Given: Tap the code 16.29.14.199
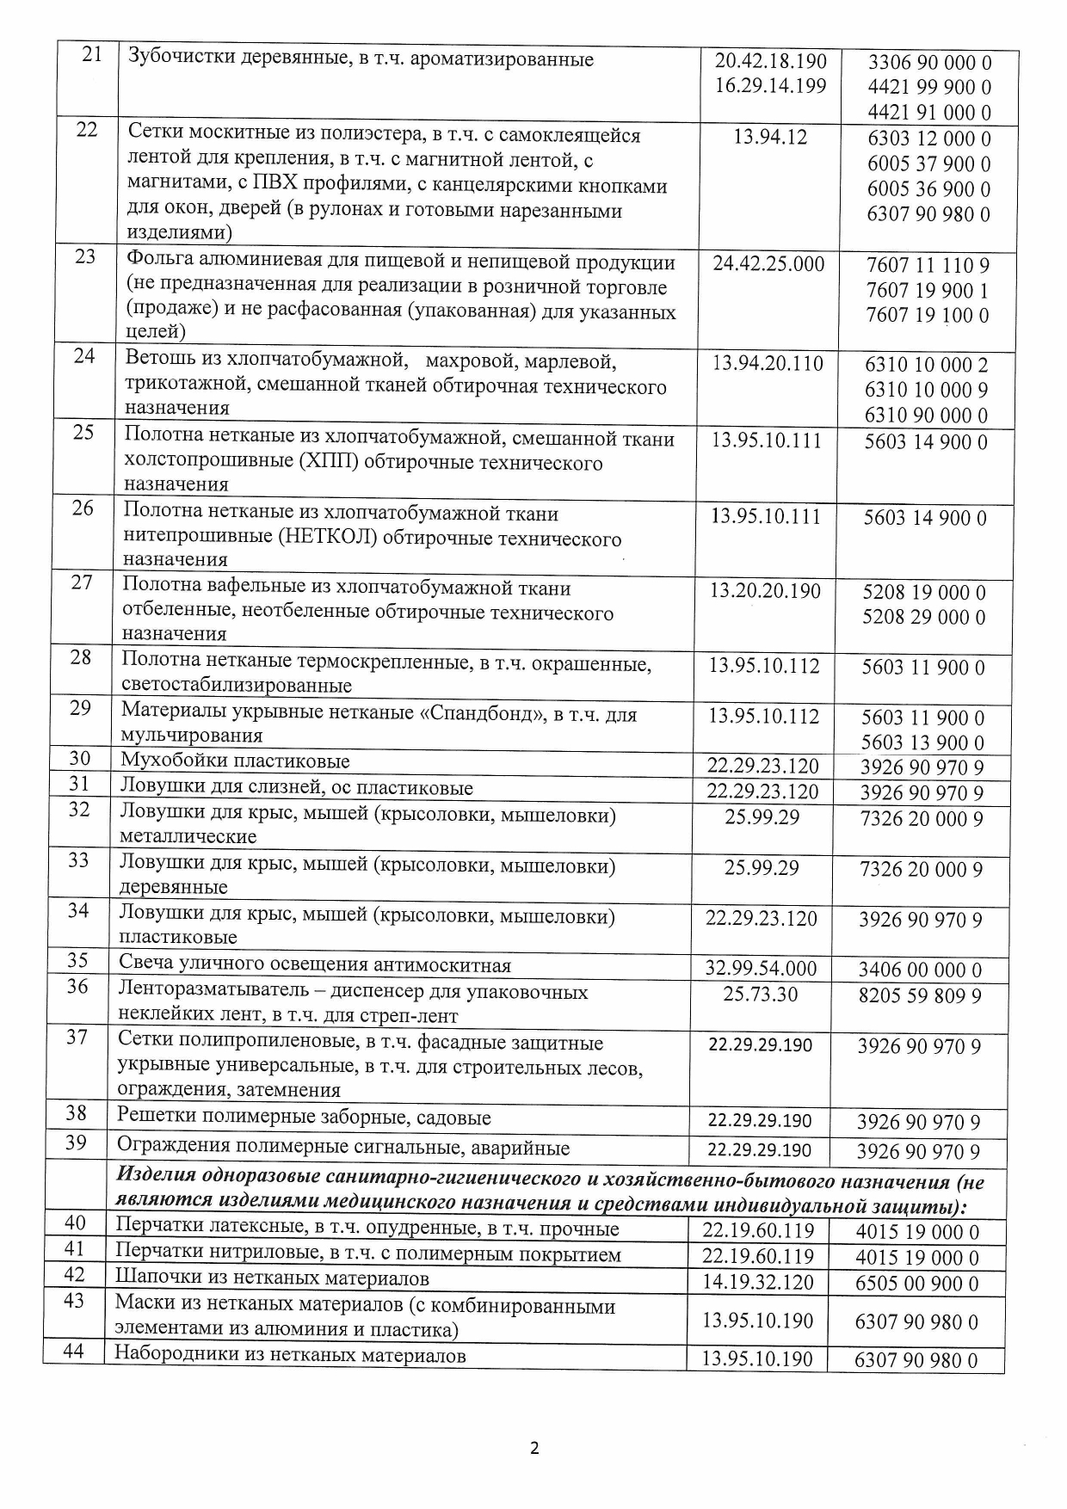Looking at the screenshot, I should click(x=770, y=86).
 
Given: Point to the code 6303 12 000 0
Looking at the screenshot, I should click(x=928, y=139).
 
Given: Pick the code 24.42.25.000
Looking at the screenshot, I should click(x=768, y=263).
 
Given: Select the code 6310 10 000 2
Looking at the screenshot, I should click(x=926, y=365).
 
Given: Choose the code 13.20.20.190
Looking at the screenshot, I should click(x=765, y=591).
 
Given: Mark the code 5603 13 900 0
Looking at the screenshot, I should click(x=923, y=742).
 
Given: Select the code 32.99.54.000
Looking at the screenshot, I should click(x=762, y=969).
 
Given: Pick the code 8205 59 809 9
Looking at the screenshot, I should click(x=920, y=996).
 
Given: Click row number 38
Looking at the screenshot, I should click(x=77, y=1114).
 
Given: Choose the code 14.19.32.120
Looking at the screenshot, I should click(x=757, y=1282).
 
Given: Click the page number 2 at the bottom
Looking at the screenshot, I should click(x=534, y=1449).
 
